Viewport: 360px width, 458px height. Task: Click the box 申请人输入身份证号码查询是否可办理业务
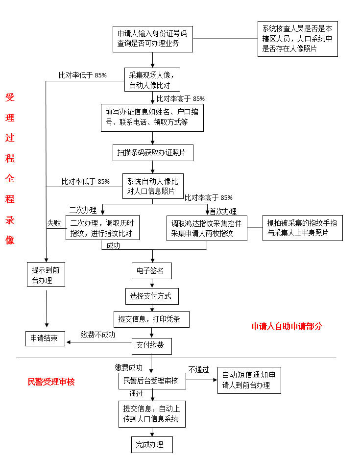(x=152, y=39)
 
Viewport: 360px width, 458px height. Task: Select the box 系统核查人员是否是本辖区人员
(x=297, y=39)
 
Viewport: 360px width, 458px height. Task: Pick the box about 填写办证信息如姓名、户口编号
(x=152, y=117)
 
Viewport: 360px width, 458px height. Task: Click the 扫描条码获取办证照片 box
(x=152, y=153)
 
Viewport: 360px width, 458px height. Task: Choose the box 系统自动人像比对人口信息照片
(x=152, y=186)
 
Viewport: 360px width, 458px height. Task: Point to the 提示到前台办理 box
(x=46, y=274)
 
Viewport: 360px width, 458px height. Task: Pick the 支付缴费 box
(x=151, y=346)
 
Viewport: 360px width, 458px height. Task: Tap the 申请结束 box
(x=45, y=338)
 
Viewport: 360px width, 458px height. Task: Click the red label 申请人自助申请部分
(x=287, y=326)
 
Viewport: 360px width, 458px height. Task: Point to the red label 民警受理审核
(x=51, y=382)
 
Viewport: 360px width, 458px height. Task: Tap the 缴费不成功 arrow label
(x=98, y=335)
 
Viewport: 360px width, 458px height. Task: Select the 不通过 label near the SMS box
(x=199, y=369)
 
